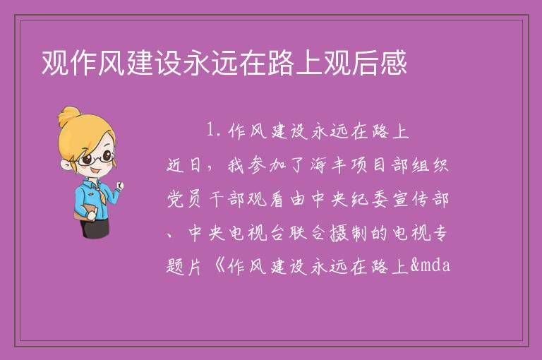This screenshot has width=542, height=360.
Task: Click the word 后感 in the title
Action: tap(379, 63)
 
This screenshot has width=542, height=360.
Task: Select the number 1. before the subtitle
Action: tap(214, 131)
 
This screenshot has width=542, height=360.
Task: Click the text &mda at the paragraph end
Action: tap(430, 265)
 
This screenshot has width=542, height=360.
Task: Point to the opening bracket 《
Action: tap(219, 266)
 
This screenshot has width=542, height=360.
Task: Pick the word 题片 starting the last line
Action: tap(184, 266)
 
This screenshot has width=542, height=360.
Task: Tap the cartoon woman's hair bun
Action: tap(68, 116)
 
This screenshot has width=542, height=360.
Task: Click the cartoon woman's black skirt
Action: tap(95, 227)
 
